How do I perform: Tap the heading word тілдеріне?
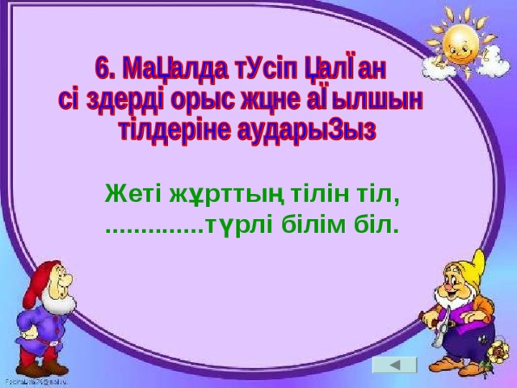[166, 132]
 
